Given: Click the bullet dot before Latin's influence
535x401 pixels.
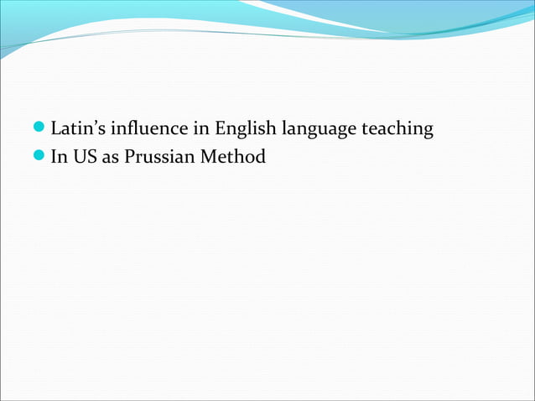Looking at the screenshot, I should tap(39, 130).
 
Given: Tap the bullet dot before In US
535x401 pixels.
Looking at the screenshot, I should tap(39, 157).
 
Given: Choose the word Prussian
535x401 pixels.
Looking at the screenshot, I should tap(159, 157).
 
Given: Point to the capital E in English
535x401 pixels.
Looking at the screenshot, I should tap(221, 130).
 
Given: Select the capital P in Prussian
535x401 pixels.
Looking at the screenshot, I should tap(129, 157).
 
